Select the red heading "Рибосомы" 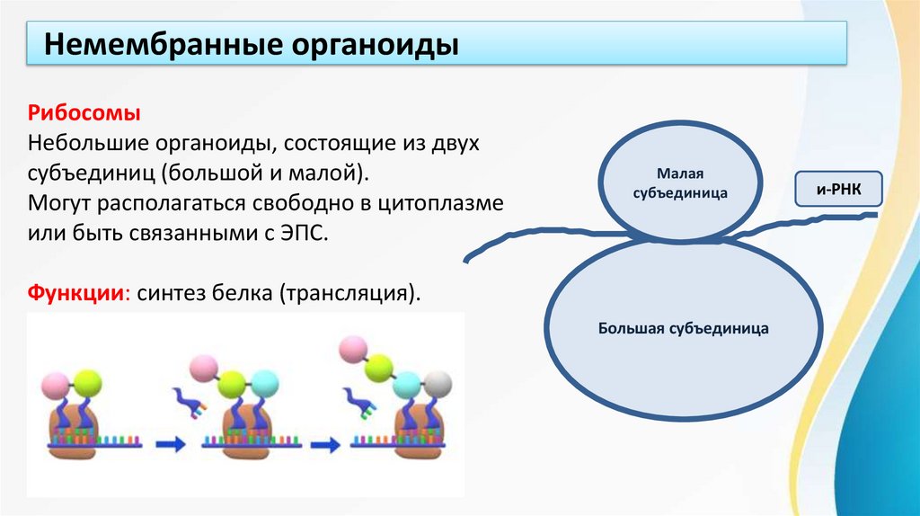coord(84,115)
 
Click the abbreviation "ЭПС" coord(304,233)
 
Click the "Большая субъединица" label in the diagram coord(683,329)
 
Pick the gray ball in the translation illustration coord(438,384)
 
